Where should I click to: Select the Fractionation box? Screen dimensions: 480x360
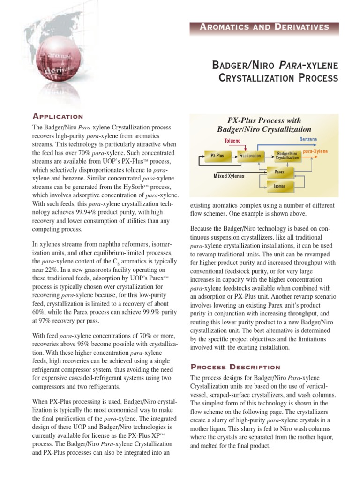[x=251, y=154]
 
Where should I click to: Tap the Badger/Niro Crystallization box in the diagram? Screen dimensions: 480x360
[x=287, y=155]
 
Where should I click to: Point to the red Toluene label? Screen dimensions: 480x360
[x=232, y=140]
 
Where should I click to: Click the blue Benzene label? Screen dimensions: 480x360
[x=308, y=140]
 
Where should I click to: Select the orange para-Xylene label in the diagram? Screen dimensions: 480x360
[x=315, y=152]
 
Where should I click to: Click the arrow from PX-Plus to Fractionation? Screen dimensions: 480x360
[x=232, y=154]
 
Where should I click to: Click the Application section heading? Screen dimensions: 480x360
[x=58, y=116]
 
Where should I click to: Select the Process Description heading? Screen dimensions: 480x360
[x=235, y=367]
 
